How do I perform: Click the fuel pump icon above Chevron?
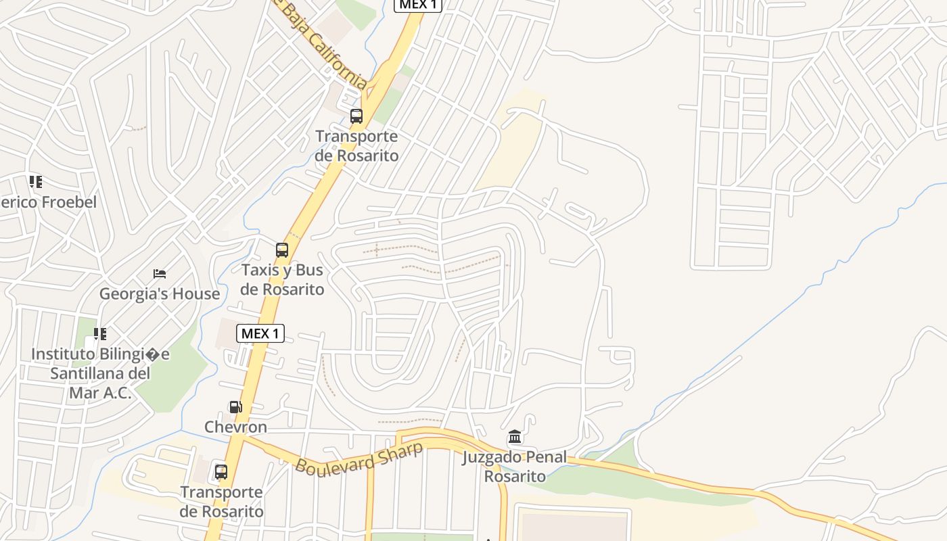click(235, 407)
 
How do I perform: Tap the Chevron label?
click(235, 427)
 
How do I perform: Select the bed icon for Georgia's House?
click(160, 274)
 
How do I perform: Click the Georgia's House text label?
click(160, 294)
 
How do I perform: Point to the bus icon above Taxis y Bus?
click(282, 250)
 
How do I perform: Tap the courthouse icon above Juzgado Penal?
click(515, 437)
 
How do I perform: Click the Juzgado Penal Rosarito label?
click(515, 467)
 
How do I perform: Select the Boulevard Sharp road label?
click(359, 457)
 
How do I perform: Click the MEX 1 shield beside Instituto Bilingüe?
click(260, 333)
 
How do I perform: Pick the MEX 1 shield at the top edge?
click(418, 5)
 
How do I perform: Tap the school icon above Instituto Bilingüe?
click(100, 333)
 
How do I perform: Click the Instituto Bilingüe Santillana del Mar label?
click(100, 373)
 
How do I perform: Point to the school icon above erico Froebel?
click(35, 182)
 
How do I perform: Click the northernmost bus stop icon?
click(356, 116)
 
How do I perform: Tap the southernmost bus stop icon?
click(221, 472)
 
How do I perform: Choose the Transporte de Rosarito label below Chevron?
click(222, 502)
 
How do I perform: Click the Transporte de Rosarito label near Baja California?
click(356, 146)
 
